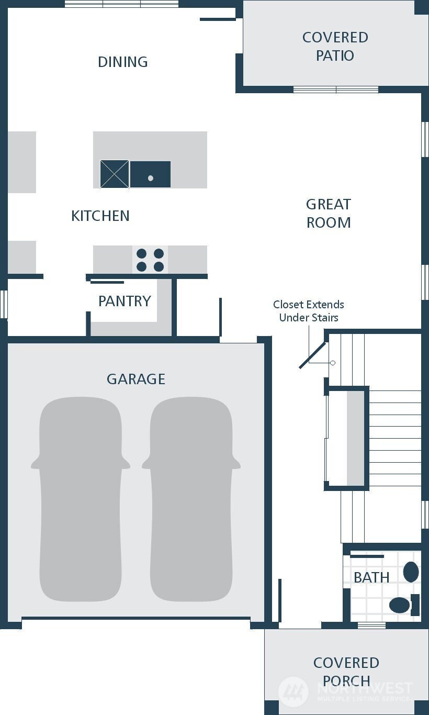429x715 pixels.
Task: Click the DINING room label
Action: pyautogui.click(x=123, y=62)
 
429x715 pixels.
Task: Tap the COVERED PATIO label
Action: pyautogui.click(x=335, y=47)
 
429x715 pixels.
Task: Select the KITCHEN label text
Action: pyautogui.click(x=100, y=216)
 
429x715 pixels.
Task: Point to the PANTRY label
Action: pyautogui.click(x=125, y=301)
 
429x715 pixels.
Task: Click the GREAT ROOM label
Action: pyautogui.click(x=329, y=214)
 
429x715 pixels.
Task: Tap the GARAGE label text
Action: pyautogui.click(x=136, y=379)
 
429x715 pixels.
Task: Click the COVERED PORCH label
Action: pyautogui.click(x=346, y=672)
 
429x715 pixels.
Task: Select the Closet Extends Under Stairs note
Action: pyautogui.click(x=309, y=311)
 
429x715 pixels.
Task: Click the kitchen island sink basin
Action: pyautogui.click(x=150, y=174)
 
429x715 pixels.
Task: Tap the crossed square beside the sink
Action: pyautogui.click(x=115, y=174)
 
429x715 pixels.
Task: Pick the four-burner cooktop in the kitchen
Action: pyautogui.click(x=150, y=260)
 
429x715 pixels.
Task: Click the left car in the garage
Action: pyautogui.click(x=81, y=499)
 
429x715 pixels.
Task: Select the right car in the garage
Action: pyautogui.click(x=191, y=499)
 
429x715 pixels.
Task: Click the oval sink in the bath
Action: pyautogui.click(x=411, y=572)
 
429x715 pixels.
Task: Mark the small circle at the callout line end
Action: pyautogui.click(x=333, y=363)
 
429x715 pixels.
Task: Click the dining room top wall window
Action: pyautogui.click(x=121, y=4)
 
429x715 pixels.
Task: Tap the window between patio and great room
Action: pyautogui.click(x=336, y=90)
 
